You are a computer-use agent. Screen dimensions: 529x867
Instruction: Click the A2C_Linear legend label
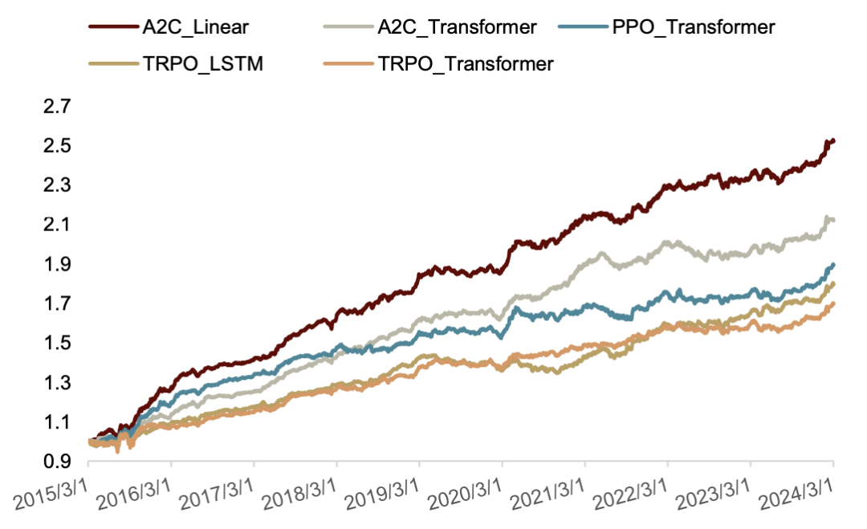pos(197,26)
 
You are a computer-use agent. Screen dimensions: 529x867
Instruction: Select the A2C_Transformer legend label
pos(457,26)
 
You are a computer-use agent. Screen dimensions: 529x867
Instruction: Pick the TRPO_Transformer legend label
pos(466,63)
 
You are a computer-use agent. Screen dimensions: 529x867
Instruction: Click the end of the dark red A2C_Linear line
pos(833,141)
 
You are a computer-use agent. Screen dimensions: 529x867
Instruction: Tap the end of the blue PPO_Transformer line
pos(833,264)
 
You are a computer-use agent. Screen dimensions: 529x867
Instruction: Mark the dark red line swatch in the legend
pos(112,26)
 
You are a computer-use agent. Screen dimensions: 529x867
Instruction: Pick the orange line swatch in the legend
pos(351,63)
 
